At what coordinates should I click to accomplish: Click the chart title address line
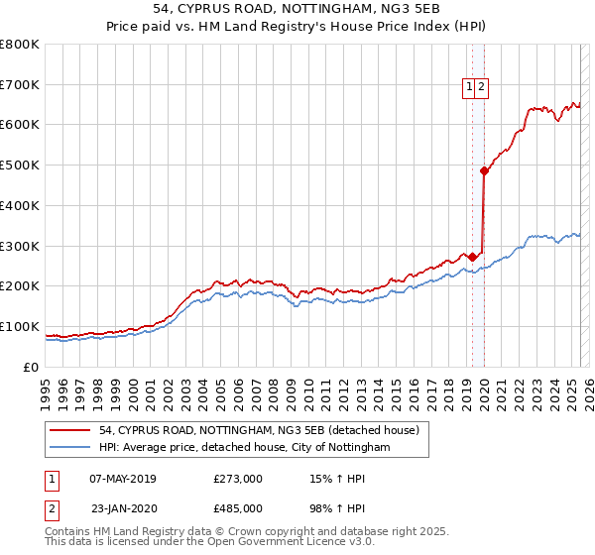(297, 9)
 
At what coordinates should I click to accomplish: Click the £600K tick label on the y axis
(20, 125)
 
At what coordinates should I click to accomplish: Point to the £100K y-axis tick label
(20, 326)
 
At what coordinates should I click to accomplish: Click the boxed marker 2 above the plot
(481, 86)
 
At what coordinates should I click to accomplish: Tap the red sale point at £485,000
(484, 171)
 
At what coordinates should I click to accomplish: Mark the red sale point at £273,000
(472, 257)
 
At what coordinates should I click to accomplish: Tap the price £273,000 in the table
(238, 480)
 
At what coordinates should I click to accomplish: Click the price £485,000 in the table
(238, 507)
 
